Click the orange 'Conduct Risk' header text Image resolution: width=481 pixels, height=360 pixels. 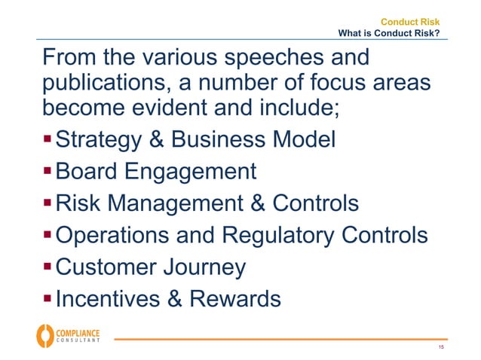(x=410, y=22)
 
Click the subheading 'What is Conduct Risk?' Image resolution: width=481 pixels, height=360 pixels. (x=389, y=33)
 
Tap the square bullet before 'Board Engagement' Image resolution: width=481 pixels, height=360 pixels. (x=47, y=171)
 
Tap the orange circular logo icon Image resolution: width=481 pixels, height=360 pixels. (x=45, y=335)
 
